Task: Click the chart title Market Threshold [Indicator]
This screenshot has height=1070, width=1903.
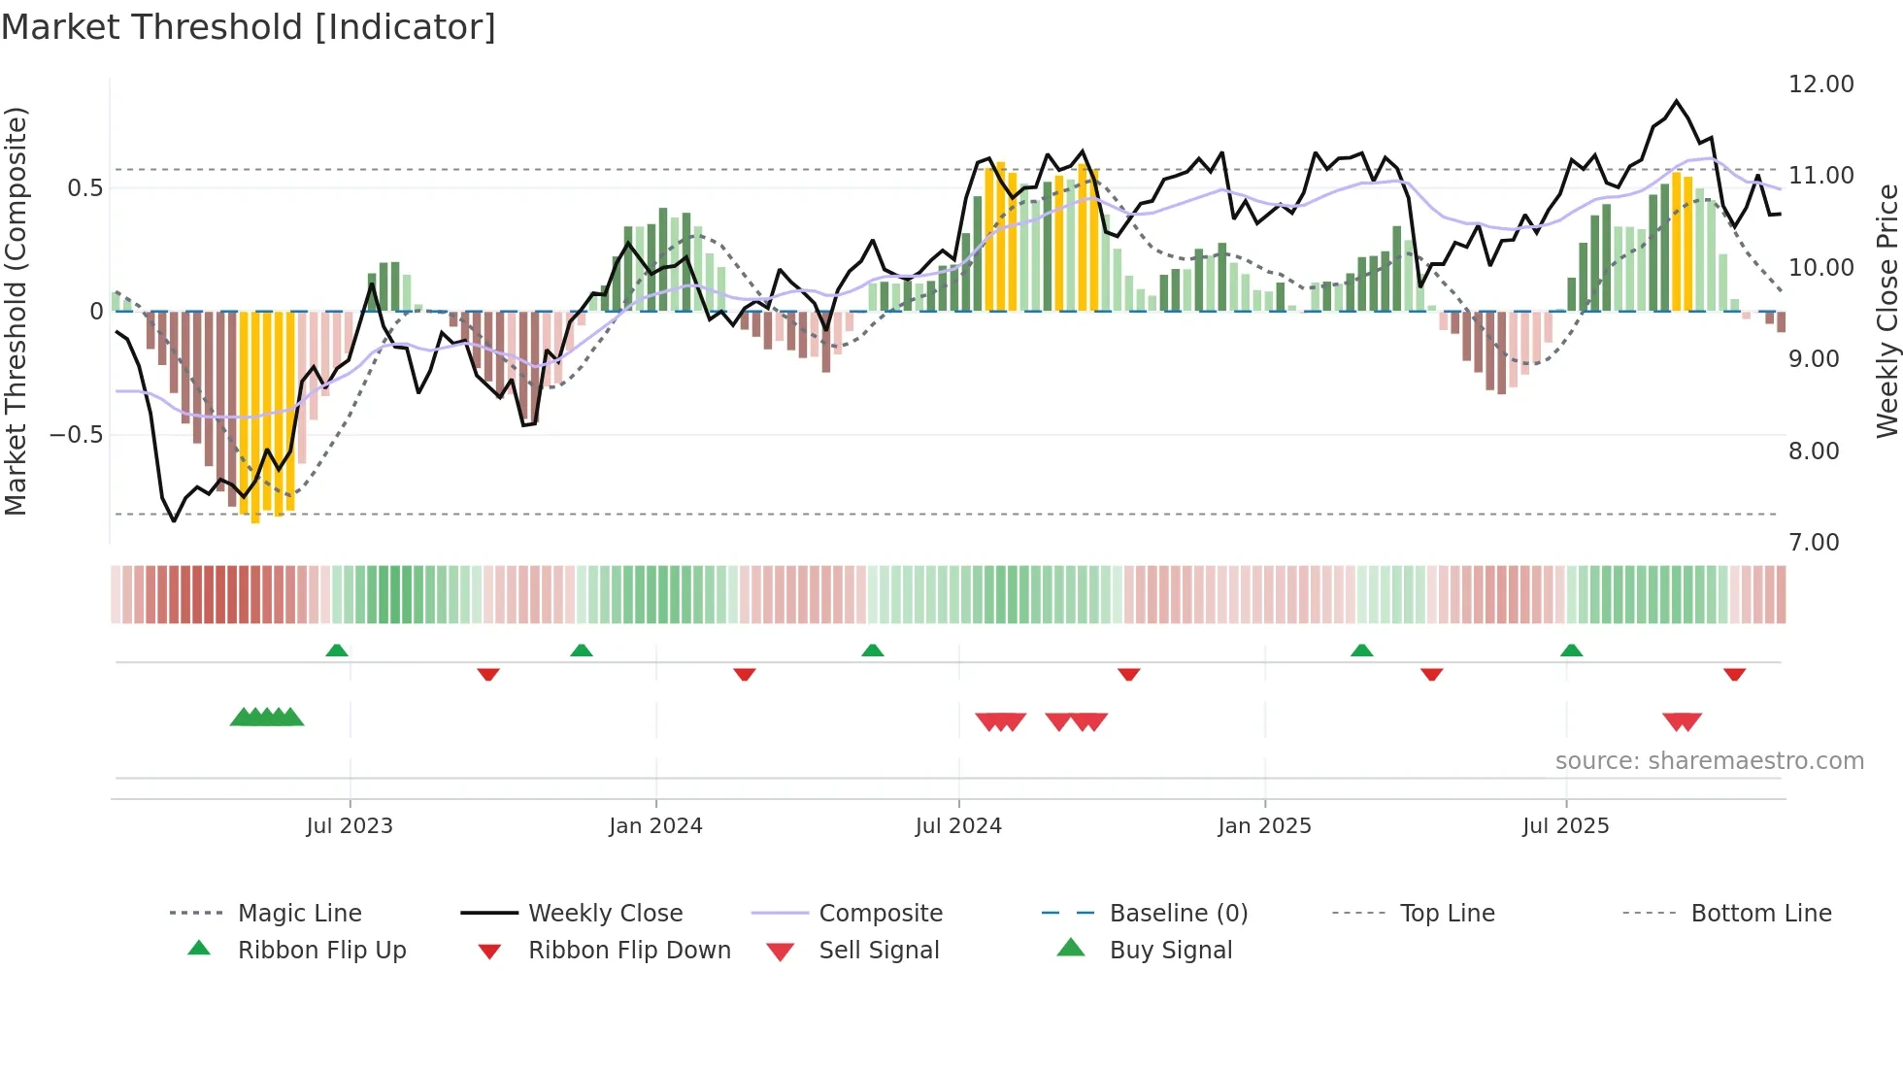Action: tap(249, 27)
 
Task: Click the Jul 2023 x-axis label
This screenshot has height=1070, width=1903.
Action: tap(350, 826)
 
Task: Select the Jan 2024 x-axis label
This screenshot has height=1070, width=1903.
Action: tap(655, 826)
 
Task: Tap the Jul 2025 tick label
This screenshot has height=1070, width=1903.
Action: tap(1565, 826)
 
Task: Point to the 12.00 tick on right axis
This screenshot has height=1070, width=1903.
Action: tap(1820, 84)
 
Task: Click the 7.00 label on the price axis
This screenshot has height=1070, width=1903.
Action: tap(1814, 543)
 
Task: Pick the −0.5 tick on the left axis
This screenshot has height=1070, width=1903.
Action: tap(77, 435)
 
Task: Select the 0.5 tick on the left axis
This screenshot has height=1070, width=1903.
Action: tap(84, 188)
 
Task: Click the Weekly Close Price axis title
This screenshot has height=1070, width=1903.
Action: tap(1886, 311)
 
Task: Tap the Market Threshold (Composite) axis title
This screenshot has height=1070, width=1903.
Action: tap(16, 311)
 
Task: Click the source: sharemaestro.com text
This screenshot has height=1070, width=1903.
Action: tap(1709, 761)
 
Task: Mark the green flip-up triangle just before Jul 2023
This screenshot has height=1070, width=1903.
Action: tap(337, 651)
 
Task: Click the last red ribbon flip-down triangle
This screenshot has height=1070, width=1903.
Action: tap(1734, 674)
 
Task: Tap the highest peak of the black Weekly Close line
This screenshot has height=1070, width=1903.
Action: tap(1676, 101)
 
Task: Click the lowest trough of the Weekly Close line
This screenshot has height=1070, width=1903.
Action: tap(174, 521)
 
